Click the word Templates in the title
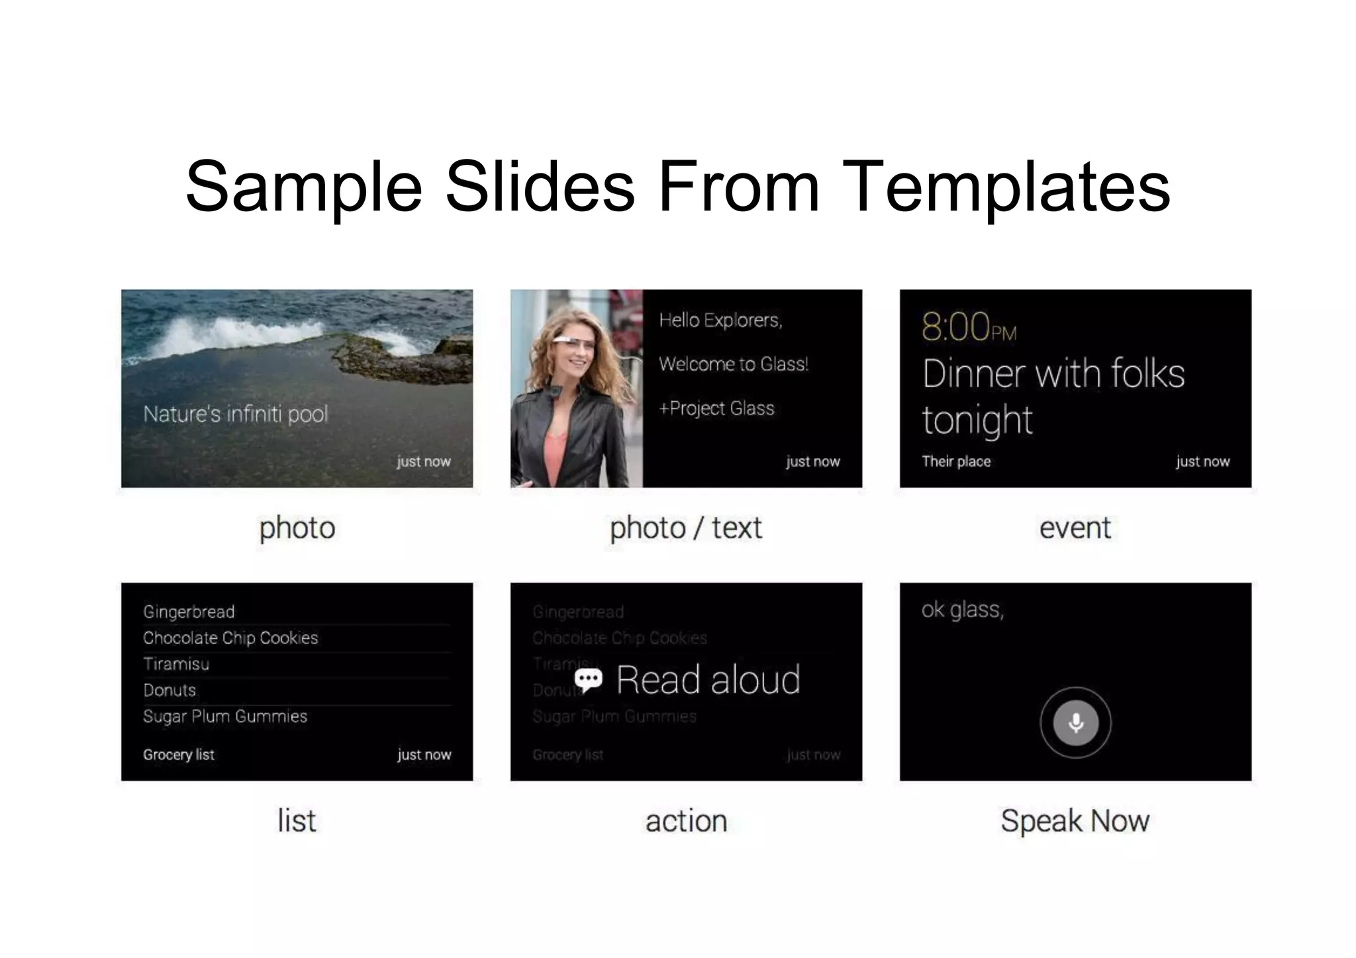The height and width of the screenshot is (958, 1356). pyautogui.click(x=1007, y=187)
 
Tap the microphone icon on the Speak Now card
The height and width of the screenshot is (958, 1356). pyautogui.click(x=1075, y=722)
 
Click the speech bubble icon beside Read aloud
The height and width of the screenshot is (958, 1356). pyautogui.click(x=588, y=680)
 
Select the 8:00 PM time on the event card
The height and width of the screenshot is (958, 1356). pyautogui.click(x=969, y=327)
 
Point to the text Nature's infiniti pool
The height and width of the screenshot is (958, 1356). pyautogui.click(x=235, y=414)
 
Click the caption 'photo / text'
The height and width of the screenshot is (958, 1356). pyautogui.click(x=685, y=528)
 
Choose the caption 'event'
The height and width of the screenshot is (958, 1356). pyautogui.click(x=1075, y=528)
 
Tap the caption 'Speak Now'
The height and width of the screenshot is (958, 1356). pyautogui.click(x=1075, y=821)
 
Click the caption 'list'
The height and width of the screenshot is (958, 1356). pyautogui.click(x=297, y=821)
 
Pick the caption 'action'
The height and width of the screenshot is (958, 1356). pyautogui.click(x=686, y=821)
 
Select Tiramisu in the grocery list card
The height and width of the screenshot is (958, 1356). pyautogui.click(x=176, y=664)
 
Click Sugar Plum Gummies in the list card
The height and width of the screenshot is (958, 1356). pyautogui.click(x=225, y=716)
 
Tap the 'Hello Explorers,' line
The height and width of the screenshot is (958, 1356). pyautogui.click(x=720, y=320)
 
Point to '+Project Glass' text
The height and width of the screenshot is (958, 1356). pyautogui.click(x=716, y=408)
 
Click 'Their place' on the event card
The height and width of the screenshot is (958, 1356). pyautogui.click(x=956, y=461)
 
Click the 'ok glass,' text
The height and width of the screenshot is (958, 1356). pyautogui.click(x=962, y=610)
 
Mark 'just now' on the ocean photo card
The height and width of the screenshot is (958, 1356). pyautogui.click(x=424, y=461)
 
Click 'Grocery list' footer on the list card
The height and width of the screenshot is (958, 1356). pyautogui.click(x=179, y=755)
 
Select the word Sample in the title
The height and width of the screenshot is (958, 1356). pyautogui.click(x=304, y=187)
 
